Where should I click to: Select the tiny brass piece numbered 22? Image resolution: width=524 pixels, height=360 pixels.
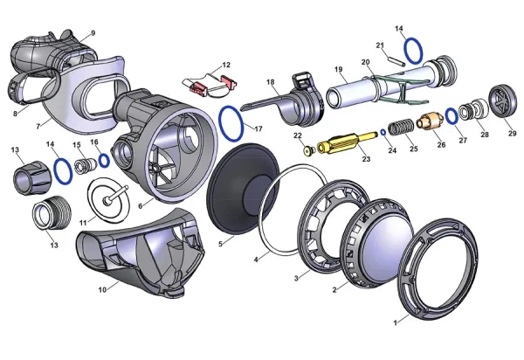pyautogui.click(x=307, y=149)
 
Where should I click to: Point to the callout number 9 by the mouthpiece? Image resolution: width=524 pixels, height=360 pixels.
pyautogui.click(x=93, y=32)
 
